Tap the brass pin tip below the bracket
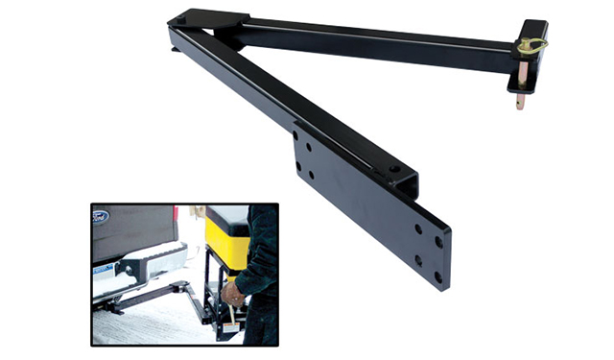[521, 99]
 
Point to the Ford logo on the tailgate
[100, 217]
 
